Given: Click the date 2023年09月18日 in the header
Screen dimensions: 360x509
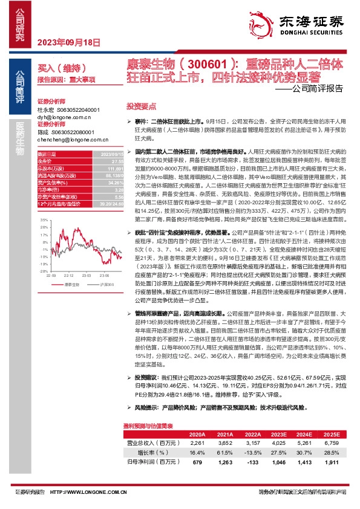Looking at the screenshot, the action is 61,42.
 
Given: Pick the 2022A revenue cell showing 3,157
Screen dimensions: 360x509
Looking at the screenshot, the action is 252,444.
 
